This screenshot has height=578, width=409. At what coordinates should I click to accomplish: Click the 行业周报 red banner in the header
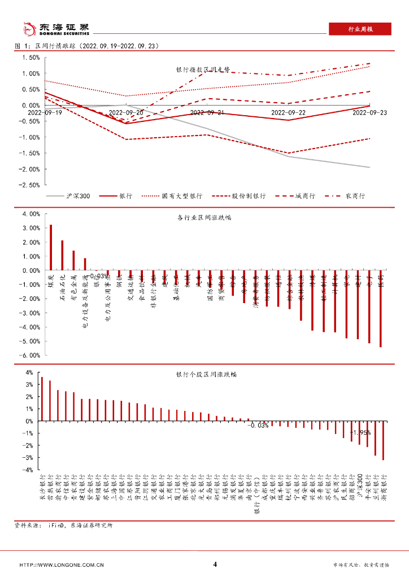coord(359,29)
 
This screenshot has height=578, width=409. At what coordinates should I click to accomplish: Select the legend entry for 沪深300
coord(70,196)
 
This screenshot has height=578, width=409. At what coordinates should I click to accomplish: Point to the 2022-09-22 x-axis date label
coord(288,113)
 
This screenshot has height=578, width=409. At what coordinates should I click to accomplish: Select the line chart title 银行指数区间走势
coord(203,69)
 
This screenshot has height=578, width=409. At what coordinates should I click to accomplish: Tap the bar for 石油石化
coord(62,255)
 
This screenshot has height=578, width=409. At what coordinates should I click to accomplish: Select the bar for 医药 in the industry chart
coord(380,308)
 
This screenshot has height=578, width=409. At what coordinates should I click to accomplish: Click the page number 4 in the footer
coord(215,564)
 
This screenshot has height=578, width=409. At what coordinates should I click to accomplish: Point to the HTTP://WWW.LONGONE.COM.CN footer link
coord(62,564)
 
